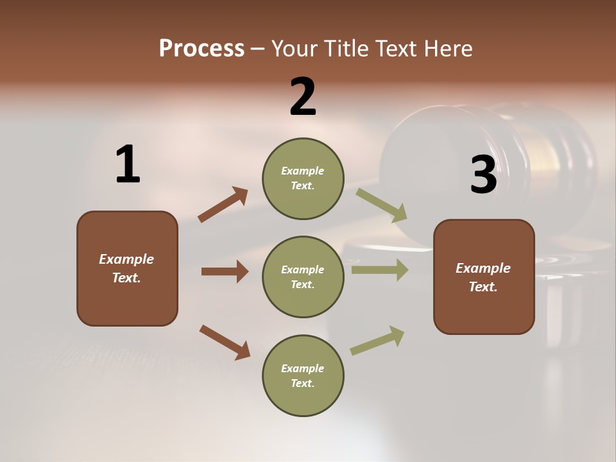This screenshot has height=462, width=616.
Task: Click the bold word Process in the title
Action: (201, 49)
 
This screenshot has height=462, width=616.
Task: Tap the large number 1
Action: (128, 164)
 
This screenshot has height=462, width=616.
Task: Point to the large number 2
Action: (303, 97)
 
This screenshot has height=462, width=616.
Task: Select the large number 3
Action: (483, 175)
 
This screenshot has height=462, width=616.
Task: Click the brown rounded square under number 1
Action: (127, 268)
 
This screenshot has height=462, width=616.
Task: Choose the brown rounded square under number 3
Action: (484, 277)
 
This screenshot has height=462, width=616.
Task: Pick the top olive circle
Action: (303, 178)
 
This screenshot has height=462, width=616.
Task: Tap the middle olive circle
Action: (303, 277)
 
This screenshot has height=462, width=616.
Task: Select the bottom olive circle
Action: (303, 375)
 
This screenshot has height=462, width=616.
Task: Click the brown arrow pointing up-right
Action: (223, 205)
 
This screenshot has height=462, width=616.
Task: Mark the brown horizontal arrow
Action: (225, 271)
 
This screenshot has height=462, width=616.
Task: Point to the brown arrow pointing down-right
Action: (225, 342)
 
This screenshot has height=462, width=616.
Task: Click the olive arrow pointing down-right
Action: (382, 205)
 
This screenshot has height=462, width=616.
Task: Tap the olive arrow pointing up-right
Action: (377, 341)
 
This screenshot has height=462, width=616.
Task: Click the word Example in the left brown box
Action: (126, 259)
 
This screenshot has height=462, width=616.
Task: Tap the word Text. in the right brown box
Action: (483, 287)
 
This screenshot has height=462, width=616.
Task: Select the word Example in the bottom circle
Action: (302, 368)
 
